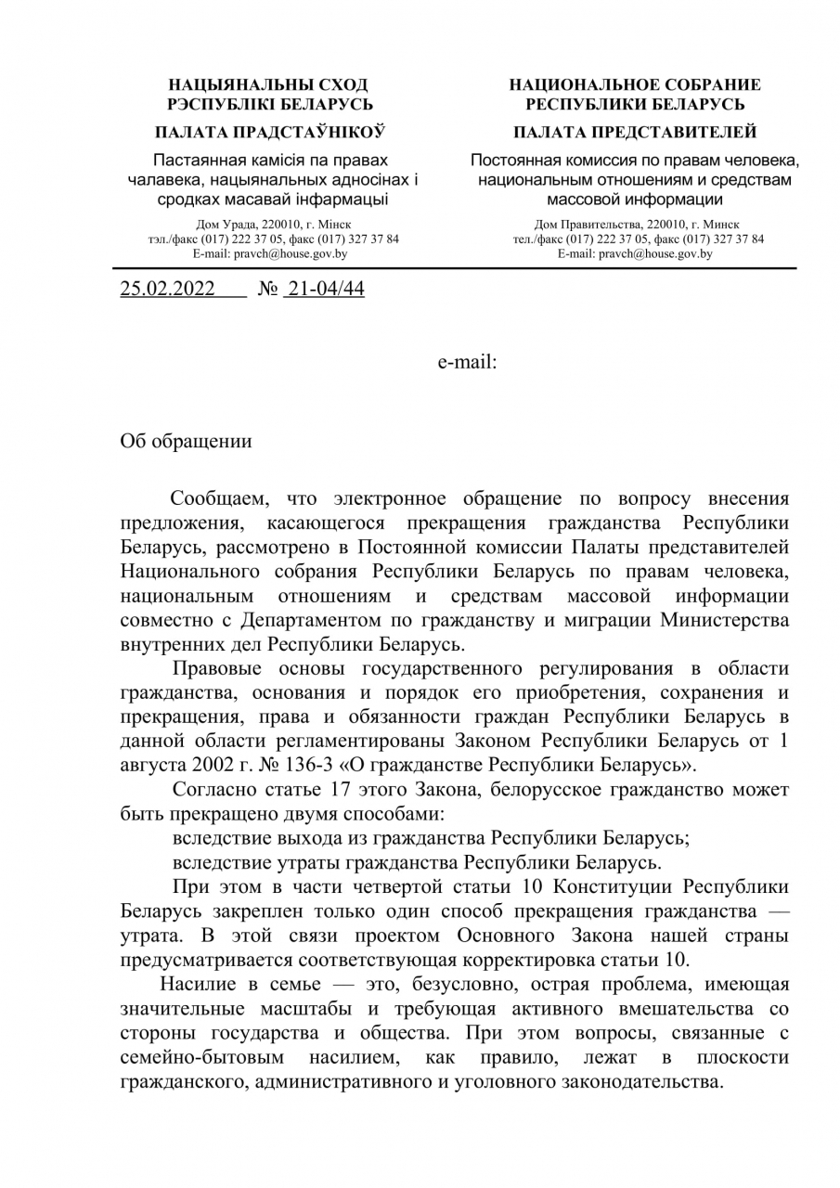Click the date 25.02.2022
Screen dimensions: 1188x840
tap(167, 290)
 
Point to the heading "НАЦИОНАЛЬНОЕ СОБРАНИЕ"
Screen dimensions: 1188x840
tap(635, 84)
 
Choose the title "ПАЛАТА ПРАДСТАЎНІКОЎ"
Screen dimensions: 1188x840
tap(270, 132)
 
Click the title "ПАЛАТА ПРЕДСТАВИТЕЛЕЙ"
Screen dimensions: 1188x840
tap(635, 132)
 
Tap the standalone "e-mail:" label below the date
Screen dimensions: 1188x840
tap(468, 363)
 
